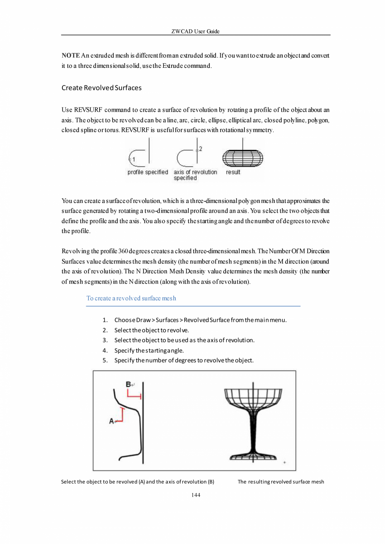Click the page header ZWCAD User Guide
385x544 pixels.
click(195, 31)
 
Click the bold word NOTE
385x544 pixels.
click(71, 56)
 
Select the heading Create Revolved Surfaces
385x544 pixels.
click(101, 88)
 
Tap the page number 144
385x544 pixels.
click(195, 495)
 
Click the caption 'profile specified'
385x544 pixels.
click(148, 172)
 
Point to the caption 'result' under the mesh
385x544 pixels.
click(233, 172)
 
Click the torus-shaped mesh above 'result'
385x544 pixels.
click(242, 158)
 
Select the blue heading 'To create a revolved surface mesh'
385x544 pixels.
click(131, 298)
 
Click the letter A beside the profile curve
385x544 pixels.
click(112, 421)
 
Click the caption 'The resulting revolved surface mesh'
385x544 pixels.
click(281, 482)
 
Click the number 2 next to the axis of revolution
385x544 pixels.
click(200, 149)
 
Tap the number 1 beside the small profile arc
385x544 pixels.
click(132, 159)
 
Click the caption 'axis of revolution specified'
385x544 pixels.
click(195, 175)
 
